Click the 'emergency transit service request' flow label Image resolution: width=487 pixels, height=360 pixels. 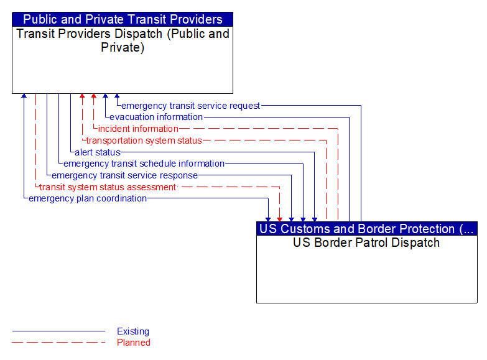(x=190, y=106)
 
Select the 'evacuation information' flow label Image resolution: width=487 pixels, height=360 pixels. (x=156, y=117)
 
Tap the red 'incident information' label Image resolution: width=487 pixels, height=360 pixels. (x=138, y=129)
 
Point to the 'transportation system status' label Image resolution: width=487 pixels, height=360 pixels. (x=144, y=141)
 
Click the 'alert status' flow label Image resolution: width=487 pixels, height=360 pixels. (x=98, y=152)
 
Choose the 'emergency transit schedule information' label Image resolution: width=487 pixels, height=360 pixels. (x=144, y=164)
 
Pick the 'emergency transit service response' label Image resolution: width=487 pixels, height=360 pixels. (x=124, y=175)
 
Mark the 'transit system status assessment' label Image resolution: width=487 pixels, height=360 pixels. (x=108, y=187)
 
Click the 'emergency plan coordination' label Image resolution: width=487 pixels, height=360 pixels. (x=88, y=198)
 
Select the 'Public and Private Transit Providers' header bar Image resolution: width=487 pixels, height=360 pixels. (x=123, y=19)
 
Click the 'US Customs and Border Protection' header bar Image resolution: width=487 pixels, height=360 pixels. (x=366, y=229)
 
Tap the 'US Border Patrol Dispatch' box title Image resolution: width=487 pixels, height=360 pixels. (x=366, y=242)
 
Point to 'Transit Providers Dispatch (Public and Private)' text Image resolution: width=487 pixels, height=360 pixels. (x=123, y=40)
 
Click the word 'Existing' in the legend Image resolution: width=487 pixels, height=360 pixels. (x=133, y=331)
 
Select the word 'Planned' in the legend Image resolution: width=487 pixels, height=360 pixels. (x=134, y=342)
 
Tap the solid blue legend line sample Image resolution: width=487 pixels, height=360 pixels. (x=58, y=331)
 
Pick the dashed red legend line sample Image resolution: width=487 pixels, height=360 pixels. (x=58, y=342)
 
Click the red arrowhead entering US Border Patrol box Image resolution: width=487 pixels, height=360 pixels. (x=280, y=218)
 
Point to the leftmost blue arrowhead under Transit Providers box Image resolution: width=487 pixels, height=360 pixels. (x=24, y=96)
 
